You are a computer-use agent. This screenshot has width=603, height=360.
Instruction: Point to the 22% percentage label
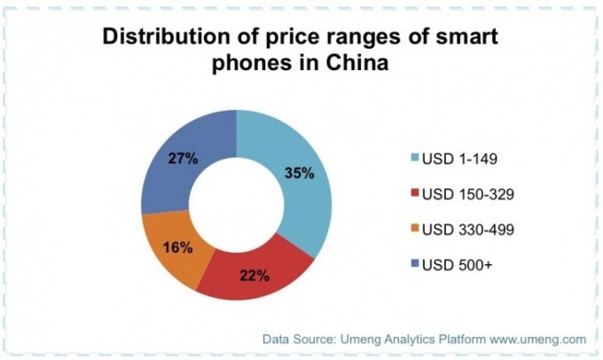[x=255, y=275]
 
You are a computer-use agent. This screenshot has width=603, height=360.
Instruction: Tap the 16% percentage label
[x=177, y=247]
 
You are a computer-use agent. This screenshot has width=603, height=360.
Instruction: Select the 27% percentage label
[x=183, y=160]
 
